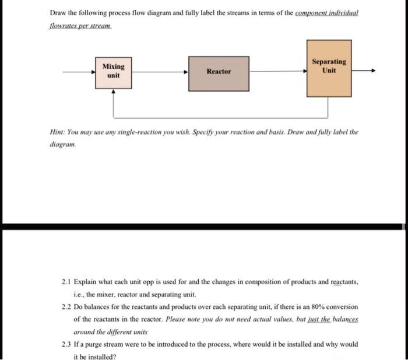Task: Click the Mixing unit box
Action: (x=114, y=71)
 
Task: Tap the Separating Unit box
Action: (x=329, y=66)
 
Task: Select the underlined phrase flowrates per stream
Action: (x=80, y=27)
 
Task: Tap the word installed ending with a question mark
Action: (x=101, y=357)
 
